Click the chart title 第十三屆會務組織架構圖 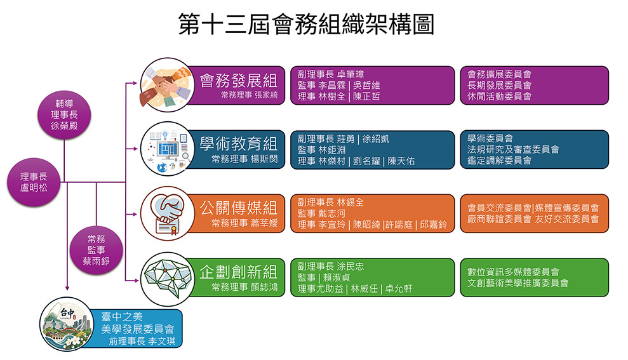click(x=306, y=24)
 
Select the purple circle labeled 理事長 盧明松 click(x=34, y=182)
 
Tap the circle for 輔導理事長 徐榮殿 click(x=64, y=114)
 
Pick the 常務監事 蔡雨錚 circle click(x=96, y=250)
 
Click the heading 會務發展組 click(x=239, y=81)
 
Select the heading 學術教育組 click(x=239, y=143)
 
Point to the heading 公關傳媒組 click(x=239, y=208)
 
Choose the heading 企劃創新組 click(x=239, y=272)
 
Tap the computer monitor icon click(x=168, y=149)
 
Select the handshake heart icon click(x=168, y=213)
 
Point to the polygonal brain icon click(x=168, y=279)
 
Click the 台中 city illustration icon click(x=67, y=324)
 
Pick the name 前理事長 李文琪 click(x=142, y=341)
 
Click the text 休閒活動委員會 click(x=499, y=97)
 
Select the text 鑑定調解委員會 click(x=499, y=161)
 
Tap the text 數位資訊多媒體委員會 click(x=513, y=272)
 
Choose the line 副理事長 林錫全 click(x=330, y=203)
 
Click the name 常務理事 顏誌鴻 click(x=244, y=287)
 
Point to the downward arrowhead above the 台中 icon click(x=67, y=288)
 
